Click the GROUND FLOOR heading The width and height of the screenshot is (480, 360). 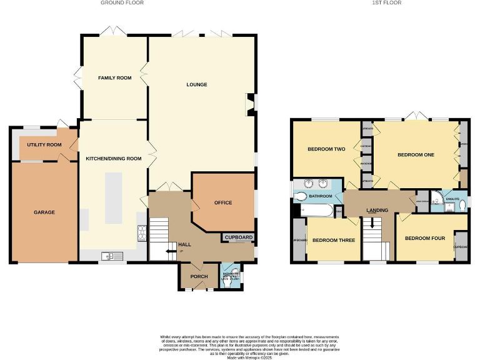point(122,3)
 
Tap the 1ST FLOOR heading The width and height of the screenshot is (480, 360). point(387,3)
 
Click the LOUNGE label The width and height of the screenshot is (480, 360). point(196,84)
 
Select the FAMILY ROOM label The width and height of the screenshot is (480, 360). point(114,77)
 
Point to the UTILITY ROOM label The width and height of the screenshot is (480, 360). point(44,145)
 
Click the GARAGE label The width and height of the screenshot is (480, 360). point(44,212)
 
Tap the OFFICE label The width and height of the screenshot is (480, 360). point(223,202)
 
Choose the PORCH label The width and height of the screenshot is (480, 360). point(199,277)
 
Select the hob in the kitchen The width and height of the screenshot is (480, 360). point(142,232)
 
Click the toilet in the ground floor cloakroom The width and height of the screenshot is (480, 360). point(226,282)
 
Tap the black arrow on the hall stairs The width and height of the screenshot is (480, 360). point(169,251)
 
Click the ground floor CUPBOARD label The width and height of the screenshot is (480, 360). point(239,238)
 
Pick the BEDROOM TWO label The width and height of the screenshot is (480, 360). point(326,149)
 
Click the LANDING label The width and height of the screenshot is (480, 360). point(377,210)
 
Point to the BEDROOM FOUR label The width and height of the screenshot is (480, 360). point(424,239)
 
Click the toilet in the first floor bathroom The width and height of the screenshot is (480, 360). point(301,196)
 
